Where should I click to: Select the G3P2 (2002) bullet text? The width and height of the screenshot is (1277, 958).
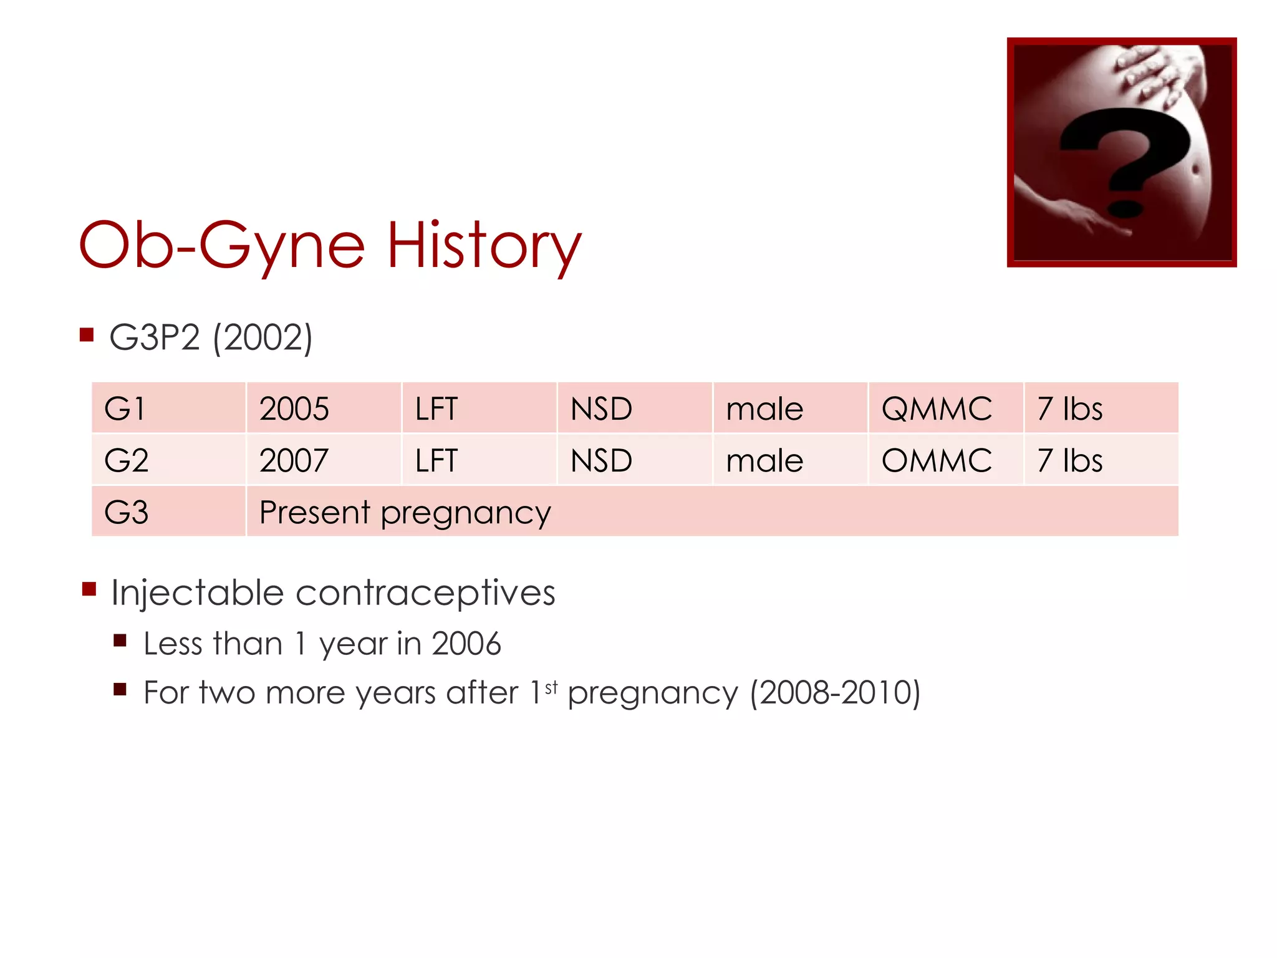pyautogui.click(x=211, y=337)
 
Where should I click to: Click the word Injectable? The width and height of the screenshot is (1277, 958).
pyautogui.click(x=198, y=593)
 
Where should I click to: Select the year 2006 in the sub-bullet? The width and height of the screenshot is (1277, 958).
pyautogui.click(x=466, y=644)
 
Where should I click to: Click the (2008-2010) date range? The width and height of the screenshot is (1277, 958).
pyautogui.click(x=835, y=692)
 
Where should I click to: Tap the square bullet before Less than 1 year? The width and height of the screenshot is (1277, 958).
pyautogui.click(x=120, y=641)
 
